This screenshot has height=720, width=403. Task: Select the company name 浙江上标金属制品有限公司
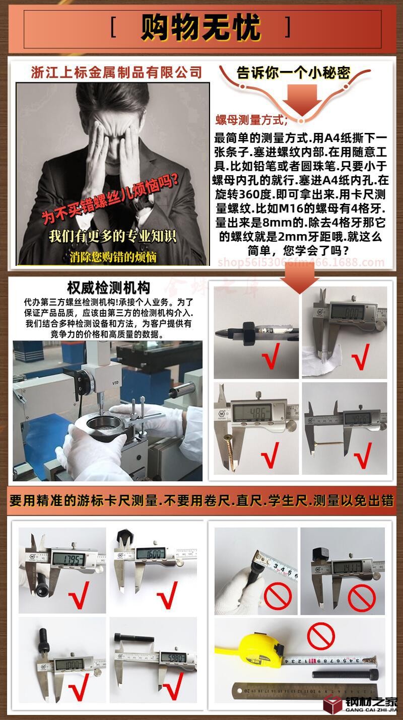(116, 72)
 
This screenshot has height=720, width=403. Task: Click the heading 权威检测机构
(108, 288)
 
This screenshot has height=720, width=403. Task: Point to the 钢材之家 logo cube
(333, 704)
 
